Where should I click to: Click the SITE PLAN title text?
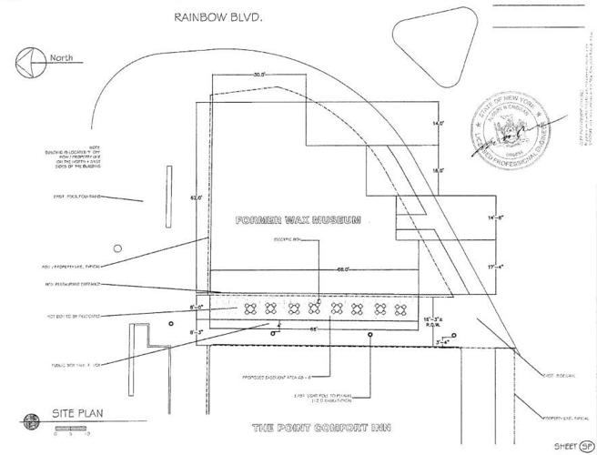click(78, 413)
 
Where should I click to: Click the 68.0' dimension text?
click(319, 268)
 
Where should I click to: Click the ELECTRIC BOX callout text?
click(288, 241)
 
